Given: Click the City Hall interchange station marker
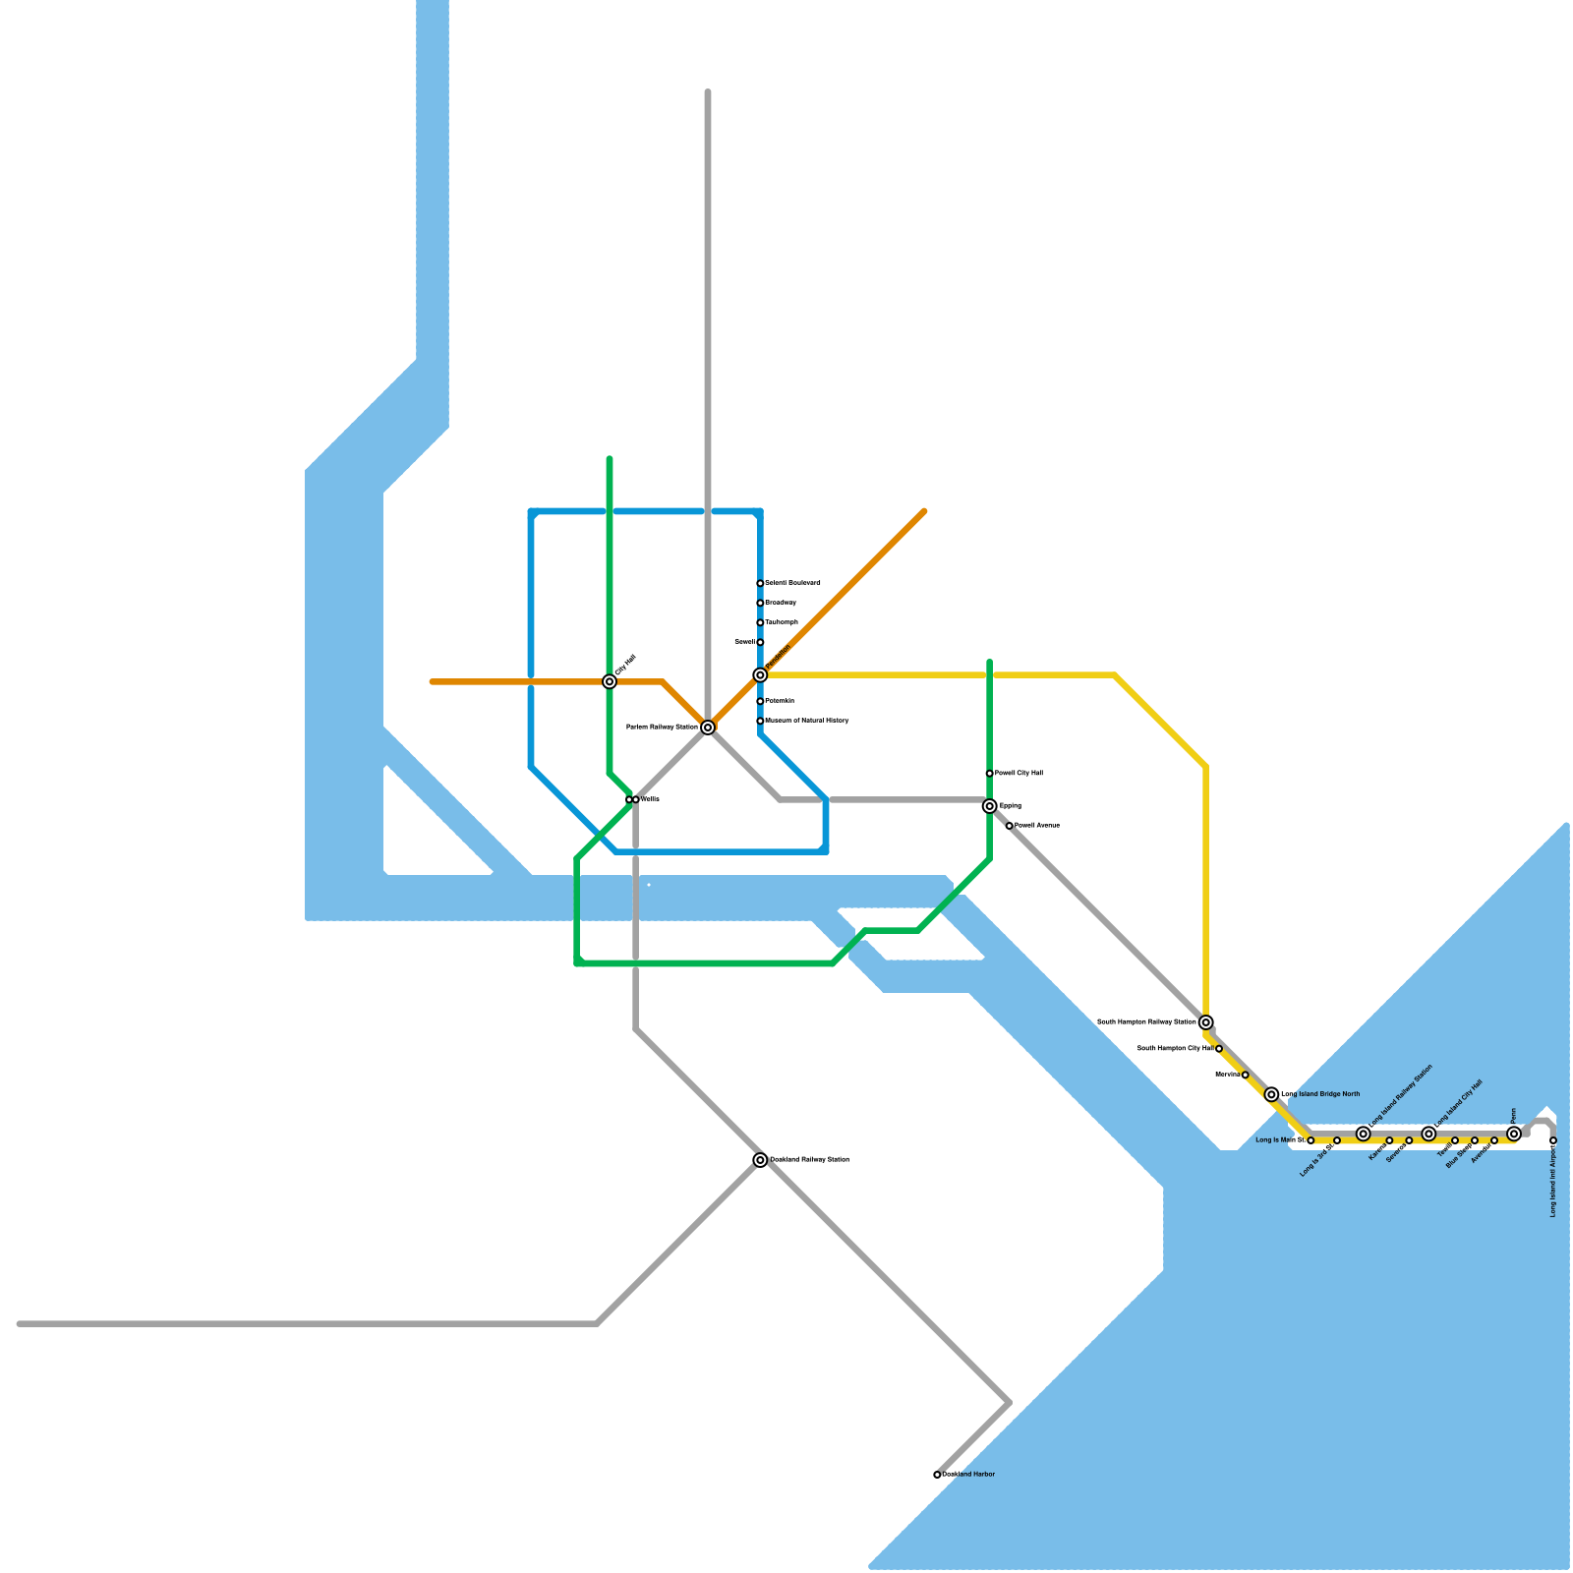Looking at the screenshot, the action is point(610,681).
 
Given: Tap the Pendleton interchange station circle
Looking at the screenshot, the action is point(760,674).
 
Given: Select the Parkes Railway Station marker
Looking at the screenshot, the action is point(708,728).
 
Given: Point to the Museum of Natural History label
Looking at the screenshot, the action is point(807,721).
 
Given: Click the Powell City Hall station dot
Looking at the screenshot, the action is point(989,774).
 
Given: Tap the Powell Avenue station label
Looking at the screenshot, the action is point(1036,826).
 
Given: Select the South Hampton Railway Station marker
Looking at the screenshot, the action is point(1206,1022).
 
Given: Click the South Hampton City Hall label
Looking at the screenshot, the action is point(1175,1049).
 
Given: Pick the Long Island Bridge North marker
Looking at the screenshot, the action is point(1272,1094).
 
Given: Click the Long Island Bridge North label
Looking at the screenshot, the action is point(1320,1094).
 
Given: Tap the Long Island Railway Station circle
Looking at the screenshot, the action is point(1363,1134).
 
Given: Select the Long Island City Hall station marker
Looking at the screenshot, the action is point(1428,1134).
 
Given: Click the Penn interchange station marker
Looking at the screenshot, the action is point(1514,1134).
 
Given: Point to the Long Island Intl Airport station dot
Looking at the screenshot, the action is point(1553,1140).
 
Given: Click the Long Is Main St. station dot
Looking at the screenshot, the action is point(1311,1140).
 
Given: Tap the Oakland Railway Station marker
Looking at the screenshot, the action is point(760,1160).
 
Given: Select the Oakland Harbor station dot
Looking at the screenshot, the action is point(937,1475).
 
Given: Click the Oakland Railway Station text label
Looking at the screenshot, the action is point(809,1160).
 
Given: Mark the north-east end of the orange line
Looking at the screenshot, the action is point(924,511).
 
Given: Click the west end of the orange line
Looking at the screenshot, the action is point(433,681).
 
